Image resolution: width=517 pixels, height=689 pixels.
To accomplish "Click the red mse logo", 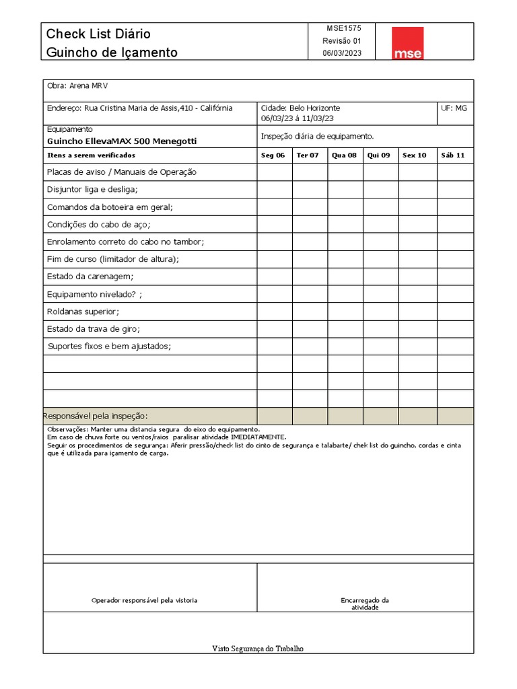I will click(408, 43).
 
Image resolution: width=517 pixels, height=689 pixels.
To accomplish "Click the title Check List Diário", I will click(98, 34).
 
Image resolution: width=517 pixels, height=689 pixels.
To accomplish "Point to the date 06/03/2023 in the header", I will click(341, 53).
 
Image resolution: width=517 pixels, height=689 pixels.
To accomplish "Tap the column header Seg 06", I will click(273, 155).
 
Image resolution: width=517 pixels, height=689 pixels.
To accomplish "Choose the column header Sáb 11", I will click(452, 155).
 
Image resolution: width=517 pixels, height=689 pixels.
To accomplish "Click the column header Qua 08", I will click(344, 155).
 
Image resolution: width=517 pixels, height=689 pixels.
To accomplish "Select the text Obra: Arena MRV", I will click(77, 86).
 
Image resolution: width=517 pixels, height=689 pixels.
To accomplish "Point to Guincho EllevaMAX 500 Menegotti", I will click(122, 141).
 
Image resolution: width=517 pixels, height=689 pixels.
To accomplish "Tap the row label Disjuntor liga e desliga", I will click(92, 190).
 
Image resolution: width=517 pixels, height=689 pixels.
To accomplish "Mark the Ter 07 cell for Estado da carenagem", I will click(310, 277).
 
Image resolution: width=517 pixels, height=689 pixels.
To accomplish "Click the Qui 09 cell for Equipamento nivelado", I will click(380, 294).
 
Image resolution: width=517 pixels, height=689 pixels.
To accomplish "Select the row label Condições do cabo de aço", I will click(98, 225).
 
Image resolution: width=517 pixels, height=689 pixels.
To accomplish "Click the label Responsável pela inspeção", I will click(96, 416).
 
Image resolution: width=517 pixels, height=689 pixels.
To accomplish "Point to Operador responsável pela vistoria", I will click(144, 600).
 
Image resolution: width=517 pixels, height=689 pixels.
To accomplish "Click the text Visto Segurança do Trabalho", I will click(258, 649).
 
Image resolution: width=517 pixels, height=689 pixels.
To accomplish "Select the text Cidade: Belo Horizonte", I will click(300, 108).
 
